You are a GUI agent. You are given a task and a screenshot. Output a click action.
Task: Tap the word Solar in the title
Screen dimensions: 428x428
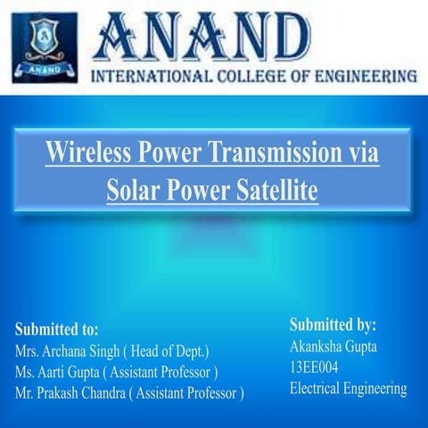[x=132, y=189]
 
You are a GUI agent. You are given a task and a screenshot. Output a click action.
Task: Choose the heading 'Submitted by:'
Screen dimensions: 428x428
[x=333, y=325]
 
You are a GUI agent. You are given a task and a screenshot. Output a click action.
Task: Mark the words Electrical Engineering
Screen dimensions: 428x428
[x=348, y=388]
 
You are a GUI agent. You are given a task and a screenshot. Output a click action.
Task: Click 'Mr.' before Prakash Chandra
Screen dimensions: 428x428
[x=26, y=391]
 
